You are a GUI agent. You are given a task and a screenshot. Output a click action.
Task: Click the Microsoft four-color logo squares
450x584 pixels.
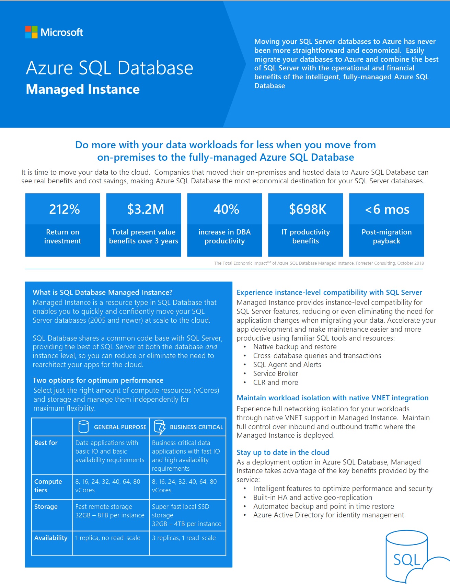point(31,32)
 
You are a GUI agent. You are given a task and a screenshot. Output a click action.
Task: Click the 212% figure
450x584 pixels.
point(64,209)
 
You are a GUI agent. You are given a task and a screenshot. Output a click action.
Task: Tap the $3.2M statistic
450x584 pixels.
point(146,209)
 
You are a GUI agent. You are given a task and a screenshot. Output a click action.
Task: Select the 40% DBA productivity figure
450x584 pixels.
point(226,209)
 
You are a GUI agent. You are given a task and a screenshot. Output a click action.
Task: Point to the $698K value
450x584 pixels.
point(308,209)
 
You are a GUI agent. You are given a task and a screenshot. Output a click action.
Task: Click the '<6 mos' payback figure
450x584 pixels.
point(387,209)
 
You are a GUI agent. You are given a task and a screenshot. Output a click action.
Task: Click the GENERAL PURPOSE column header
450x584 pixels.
point(120,427)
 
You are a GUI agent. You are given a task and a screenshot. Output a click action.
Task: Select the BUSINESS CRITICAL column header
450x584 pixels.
point(196,427)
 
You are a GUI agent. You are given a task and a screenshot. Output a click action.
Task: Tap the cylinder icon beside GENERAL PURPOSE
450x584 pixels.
point(83,426)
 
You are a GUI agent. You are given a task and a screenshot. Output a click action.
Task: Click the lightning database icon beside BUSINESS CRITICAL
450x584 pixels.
point(160,427)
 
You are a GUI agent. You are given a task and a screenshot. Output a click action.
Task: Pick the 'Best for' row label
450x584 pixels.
point(46,443)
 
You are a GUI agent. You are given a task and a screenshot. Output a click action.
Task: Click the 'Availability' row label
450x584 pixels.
point(51,538)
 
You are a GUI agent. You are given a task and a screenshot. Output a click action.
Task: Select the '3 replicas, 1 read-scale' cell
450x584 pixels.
point(184,538)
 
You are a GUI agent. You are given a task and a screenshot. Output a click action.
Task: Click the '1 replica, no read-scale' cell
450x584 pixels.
point(108,538)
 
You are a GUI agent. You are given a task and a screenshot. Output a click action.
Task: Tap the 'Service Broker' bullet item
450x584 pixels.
point(276,374)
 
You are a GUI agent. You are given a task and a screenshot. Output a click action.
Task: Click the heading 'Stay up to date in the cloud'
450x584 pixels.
point(283,453)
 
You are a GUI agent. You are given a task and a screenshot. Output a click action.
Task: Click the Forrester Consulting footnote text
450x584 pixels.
point(319,263)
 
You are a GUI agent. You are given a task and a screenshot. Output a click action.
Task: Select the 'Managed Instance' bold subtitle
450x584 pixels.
point(83,89)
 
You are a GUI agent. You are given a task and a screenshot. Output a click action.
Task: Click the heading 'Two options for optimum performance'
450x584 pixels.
point(98,380)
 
